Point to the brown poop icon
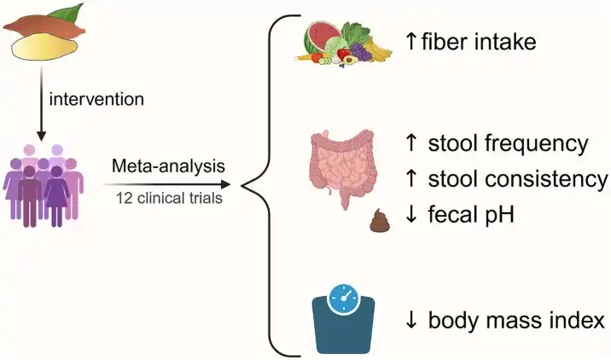380,221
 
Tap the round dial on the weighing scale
346,299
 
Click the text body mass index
517,321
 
